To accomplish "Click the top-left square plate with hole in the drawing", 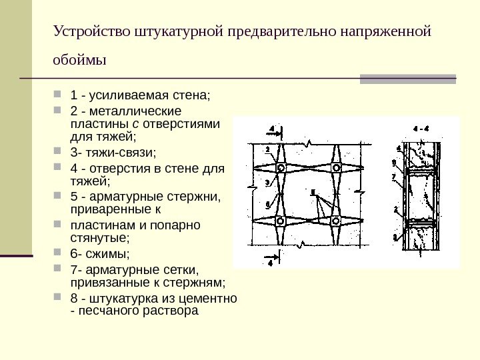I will (282, 167).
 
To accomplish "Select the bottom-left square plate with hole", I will (282, 221).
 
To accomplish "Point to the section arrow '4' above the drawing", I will (272, 127).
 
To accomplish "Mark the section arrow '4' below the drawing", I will (271, 263).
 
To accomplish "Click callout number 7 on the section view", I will (395, 177).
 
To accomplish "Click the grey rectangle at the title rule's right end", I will (407, 78).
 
